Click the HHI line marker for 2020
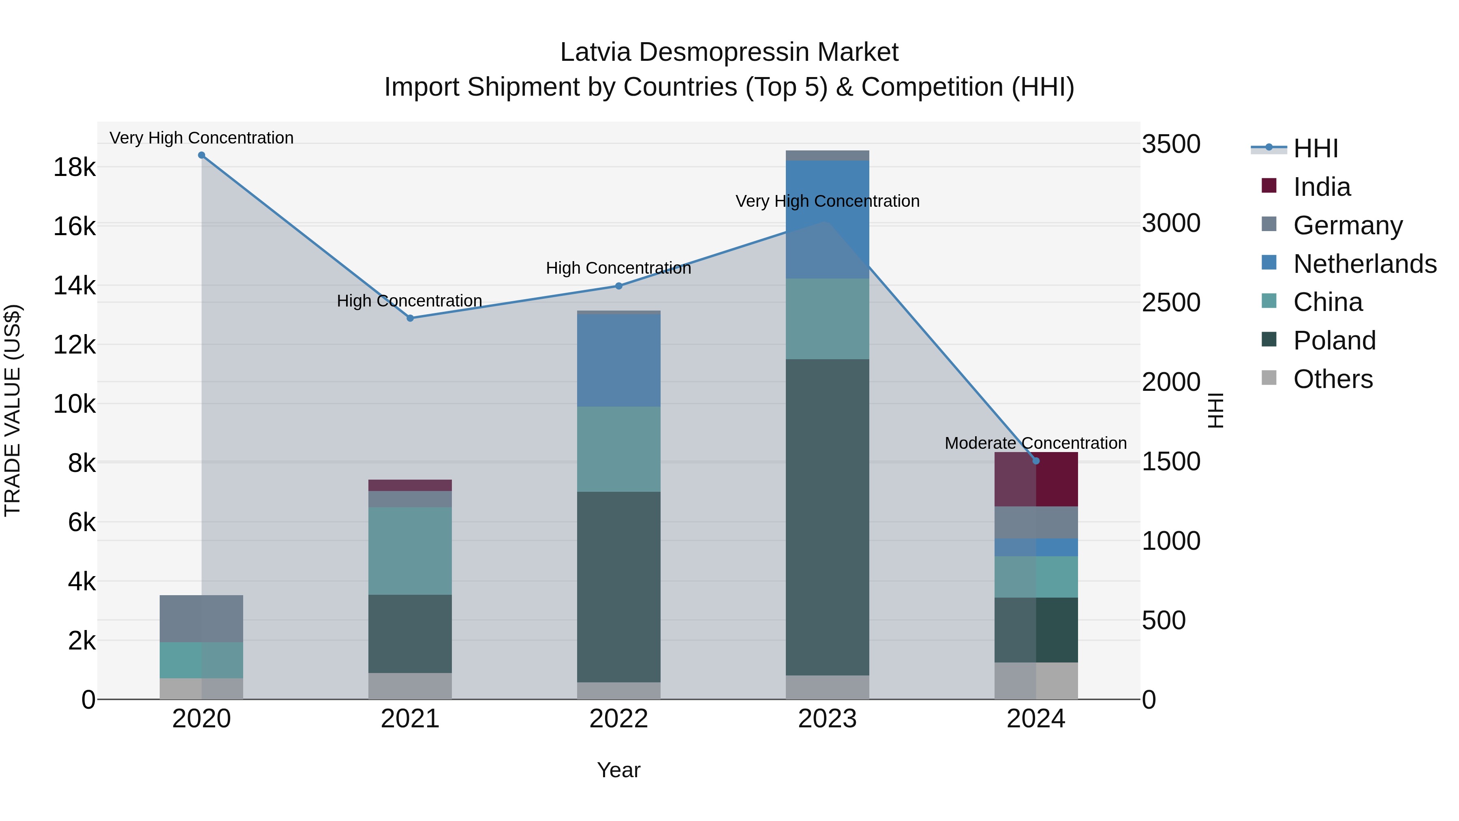[x=202, y=155]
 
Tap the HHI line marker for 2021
[x=410, y=318]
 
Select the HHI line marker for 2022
[x=618, y=286]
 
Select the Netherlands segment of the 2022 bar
[x=618, y=360]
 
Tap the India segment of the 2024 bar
[x=1036, y=479]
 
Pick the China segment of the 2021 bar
[x=410, y=551]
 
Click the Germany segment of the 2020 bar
[x=202, y=619]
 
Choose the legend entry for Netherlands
[x=1365, y=264]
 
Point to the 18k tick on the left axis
[x=74, y=168]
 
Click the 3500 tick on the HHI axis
[x=1171, y=144]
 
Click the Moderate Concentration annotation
[x=1035, y=443]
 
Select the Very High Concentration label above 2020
[x=202, y=138]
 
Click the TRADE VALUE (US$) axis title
[x=13, y=410]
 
